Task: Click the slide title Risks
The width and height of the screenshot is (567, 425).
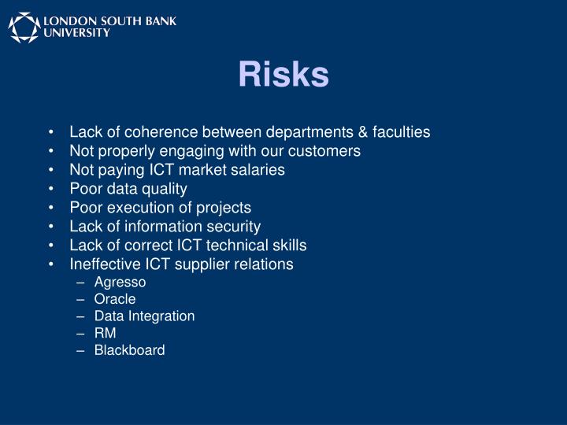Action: point(283,75)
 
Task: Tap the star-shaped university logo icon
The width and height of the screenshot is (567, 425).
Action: point(24,27)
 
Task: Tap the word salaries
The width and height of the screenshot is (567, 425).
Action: point(259,170)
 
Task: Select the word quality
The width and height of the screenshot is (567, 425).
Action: point(164,189)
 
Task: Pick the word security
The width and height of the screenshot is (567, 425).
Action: point(233,227)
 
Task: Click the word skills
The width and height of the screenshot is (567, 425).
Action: point(287,246)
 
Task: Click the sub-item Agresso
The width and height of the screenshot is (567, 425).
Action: point(120,283)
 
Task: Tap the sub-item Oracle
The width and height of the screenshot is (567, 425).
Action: point(115,299)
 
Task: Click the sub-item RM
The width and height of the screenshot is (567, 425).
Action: point(105,333)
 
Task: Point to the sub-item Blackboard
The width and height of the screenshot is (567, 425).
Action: point(129,350)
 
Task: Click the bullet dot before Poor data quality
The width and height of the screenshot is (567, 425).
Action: point(51,189)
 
